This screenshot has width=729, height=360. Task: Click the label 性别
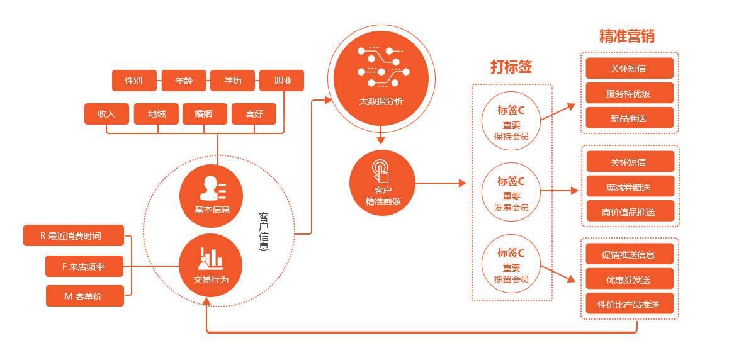point(133,81)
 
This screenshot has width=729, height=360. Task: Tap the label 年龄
point(184,81)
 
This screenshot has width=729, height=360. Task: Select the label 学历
point(233,81)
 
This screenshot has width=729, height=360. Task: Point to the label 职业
point(283,81)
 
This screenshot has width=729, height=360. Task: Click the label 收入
point(106,114)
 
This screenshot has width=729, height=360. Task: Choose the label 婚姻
point(203,114)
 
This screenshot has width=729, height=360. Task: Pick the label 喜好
point(254,114)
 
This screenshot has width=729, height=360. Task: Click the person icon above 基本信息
point(212,188)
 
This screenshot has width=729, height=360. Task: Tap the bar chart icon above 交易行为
point(211,258)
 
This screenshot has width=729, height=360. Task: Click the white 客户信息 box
point(265,230)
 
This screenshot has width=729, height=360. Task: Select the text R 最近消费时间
point(71,236)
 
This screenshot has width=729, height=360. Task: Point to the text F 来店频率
point(83,267)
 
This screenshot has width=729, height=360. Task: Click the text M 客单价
point(82,296)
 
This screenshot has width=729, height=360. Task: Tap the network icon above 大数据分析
point(381,65)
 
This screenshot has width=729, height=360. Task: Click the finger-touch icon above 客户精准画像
point(380,171)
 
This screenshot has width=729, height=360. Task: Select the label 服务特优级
point(628,94)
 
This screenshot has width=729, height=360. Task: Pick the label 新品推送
point(628,118)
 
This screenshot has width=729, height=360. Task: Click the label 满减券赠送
point(628,188)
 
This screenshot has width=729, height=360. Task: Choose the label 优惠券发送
point(628,280)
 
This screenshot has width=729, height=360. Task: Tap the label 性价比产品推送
point(628,305)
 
